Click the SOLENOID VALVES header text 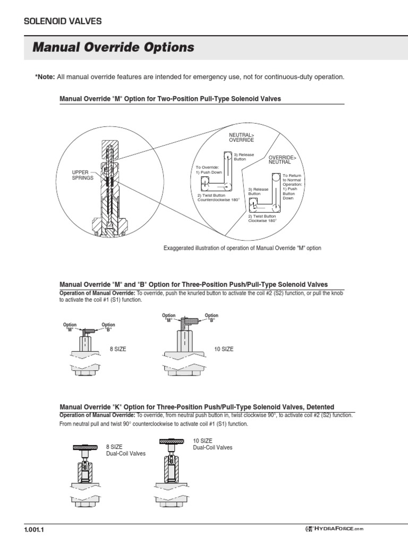pyautogui.click(x=63, y=21)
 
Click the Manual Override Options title pyautogui.click(x=113, y=48)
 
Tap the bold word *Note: pyautogui.click(x=45, y=77)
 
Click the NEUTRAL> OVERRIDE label pyautogui.click(x=241, y=138)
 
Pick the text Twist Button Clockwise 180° pyautogui.click(x=262, y=218)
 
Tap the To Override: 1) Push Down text pyautogui.click(x=209, y=171)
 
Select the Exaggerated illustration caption pyautogui.click(x=242, y=248)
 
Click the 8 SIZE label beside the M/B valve pyautogui.click(x=117, y=349)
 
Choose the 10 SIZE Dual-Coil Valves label pyautogui.click(x=212, y=444)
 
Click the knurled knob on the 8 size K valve pyautogui.click(x=85, y=447)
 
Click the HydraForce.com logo pyautogui.click(x=334, y=529)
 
